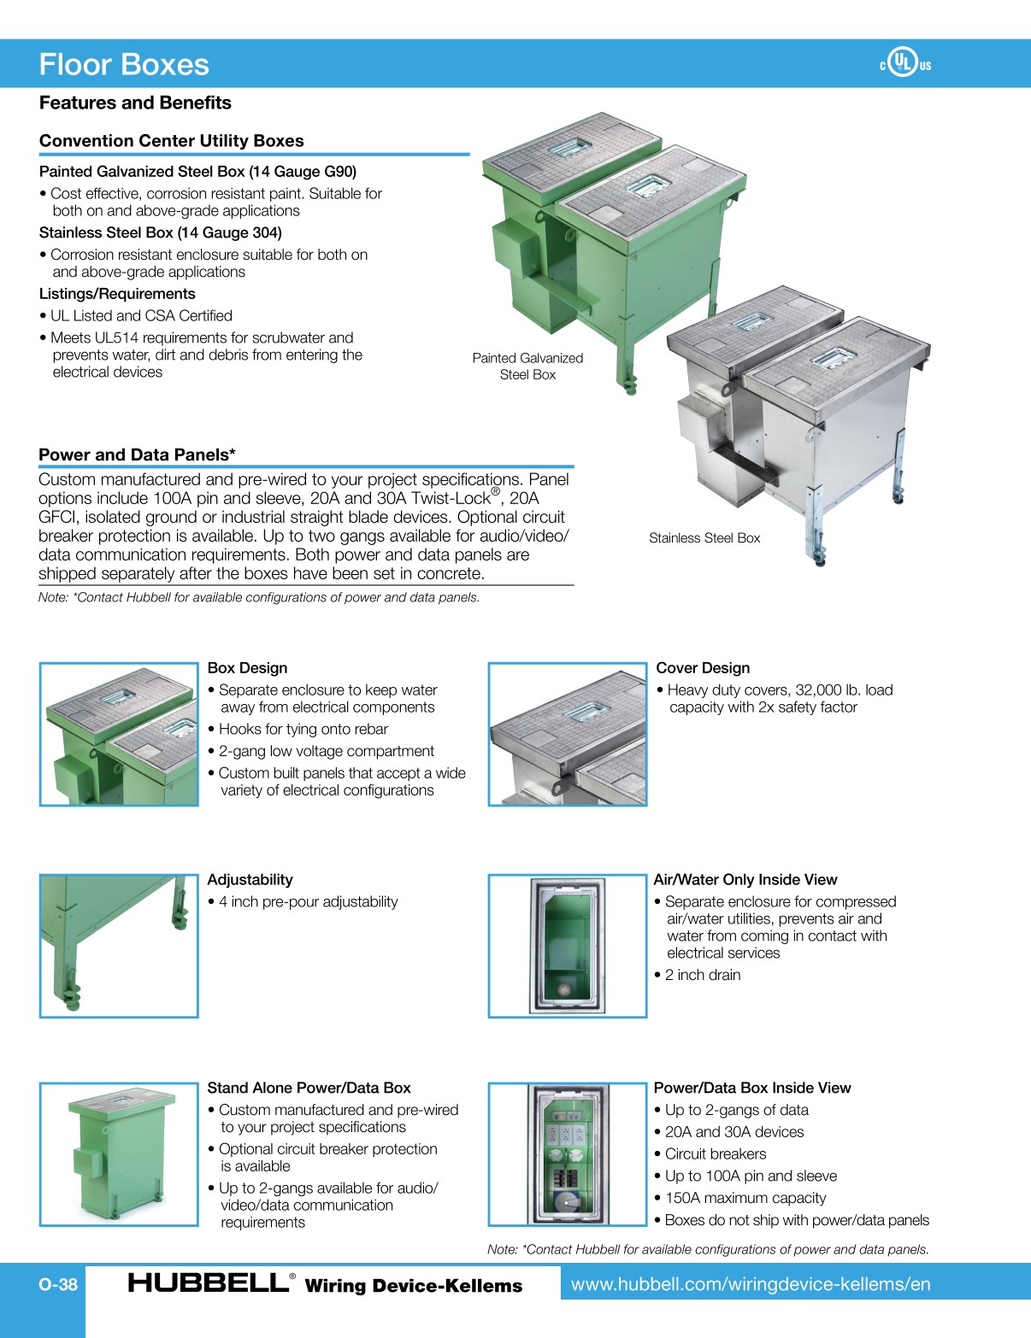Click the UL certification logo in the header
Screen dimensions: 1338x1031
click(904, 63)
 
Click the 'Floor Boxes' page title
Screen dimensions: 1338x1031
click(124, 65)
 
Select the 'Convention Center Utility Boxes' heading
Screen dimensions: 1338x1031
click(171, 141)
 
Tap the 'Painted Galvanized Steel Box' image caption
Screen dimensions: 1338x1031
click(527, 367)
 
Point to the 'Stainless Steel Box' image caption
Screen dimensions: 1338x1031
click(704, 538)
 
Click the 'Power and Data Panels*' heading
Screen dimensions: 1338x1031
click(137, 455)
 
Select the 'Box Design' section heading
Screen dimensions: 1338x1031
click(247, 668)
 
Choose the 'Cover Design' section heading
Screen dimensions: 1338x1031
click(703, 668)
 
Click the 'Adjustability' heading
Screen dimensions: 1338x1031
click(250, 880)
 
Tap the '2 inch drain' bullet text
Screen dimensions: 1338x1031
click(702, 975)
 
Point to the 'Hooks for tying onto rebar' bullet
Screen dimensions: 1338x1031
click(303, 729)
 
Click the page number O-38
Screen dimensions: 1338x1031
click(58, 1284)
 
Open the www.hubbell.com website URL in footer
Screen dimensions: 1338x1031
click(751, 1284)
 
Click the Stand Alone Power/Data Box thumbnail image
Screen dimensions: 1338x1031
click(119, 1154)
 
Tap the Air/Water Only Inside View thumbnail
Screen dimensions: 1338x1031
click(567, 946)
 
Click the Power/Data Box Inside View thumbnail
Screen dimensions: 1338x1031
click(567, 1154)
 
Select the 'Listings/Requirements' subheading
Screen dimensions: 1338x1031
click(117, 294)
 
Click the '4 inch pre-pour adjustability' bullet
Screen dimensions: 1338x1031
click(308, 902)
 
